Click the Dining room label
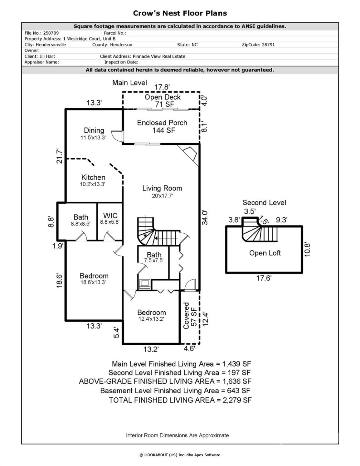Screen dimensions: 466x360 (94, 130)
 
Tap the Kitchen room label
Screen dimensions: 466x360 (93, 177)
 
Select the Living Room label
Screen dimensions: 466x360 (162, 188)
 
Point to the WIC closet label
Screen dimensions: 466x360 (110, 216)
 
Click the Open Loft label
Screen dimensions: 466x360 (265, 253)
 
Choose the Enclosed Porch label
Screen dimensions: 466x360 (162, 123)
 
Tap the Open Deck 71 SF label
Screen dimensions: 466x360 (163, 100)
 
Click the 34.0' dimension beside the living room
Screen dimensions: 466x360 (205, 217)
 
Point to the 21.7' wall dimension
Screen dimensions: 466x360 (60, 156)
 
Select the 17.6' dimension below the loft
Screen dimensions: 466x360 (264, 278)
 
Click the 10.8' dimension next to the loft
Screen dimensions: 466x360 (307, 250)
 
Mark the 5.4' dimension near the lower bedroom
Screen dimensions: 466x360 (117, 333)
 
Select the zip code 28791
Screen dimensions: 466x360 (267, 45)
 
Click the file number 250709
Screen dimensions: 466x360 (51, 33)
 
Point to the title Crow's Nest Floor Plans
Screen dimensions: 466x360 (180, 13)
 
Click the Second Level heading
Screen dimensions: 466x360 (264, 203)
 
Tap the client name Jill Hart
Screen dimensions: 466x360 (47, 56)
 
